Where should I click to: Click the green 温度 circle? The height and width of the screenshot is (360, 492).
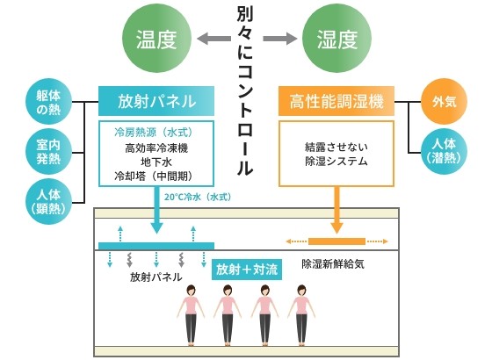click(156, 39)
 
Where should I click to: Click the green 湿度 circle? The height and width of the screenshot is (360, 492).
click(336, 39)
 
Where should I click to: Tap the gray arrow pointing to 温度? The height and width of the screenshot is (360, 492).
click(214, 39)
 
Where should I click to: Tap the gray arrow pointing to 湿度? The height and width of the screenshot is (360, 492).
click(280, 39)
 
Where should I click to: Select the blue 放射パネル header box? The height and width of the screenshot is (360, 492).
click(156, 101)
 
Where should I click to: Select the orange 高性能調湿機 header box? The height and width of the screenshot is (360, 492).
click(336, 101)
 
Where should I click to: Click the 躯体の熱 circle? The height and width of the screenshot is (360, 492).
click(48, 102)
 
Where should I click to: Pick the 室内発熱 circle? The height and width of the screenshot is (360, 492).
click(48, 152)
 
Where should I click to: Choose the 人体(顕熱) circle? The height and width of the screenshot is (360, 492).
click(48, 202)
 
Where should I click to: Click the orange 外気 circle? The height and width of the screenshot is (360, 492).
click(444, 102)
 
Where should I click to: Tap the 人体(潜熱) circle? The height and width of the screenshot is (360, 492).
click(444, 152)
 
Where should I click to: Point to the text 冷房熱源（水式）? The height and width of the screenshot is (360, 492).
click(154, 133)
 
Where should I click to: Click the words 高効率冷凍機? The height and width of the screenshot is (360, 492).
click(156, 148)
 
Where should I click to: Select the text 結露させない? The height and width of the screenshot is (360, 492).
click(336, 147)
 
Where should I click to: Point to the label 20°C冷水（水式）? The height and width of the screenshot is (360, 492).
click(198, 198)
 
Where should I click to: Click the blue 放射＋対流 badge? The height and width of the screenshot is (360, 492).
click(247, 270)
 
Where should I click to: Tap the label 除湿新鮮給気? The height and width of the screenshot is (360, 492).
click(333, 263)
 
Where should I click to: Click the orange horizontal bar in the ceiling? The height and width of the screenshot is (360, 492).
click(336, 241)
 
